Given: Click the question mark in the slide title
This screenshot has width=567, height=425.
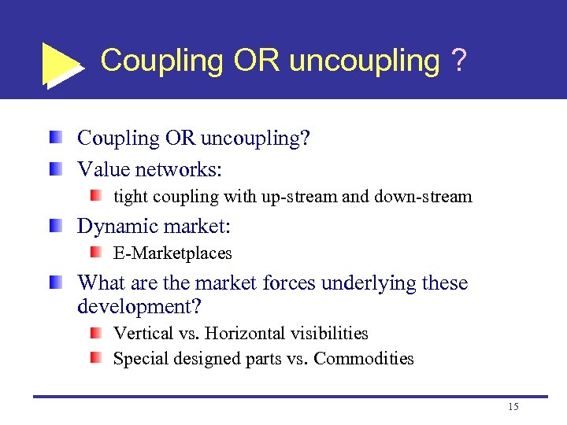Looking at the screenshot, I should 458,60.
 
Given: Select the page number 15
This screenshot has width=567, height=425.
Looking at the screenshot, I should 513,407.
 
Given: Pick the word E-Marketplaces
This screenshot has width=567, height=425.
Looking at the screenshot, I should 172,253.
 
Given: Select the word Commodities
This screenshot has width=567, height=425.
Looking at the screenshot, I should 363,359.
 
